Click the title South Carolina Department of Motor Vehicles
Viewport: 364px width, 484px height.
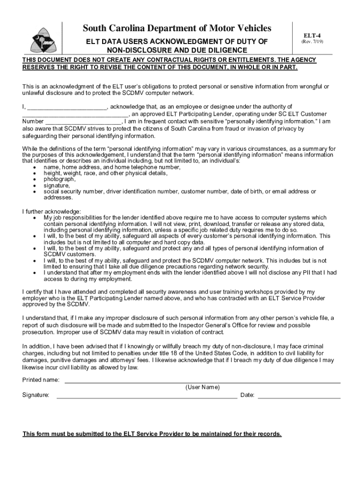tap(177, 29)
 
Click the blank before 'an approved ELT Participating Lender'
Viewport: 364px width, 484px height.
tap(75, 115)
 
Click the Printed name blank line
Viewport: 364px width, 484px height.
tap(202, 381)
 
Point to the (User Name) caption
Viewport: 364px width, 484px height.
tap(202, 388)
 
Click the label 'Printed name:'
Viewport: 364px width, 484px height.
tap(41, 380)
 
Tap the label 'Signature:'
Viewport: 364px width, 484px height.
tap(36, 395)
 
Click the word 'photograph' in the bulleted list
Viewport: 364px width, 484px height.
tap(60, 180)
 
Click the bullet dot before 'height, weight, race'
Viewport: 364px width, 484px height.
tap(35, 174)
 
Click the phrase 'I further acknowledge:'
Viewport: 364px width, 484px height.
tap(52, 211)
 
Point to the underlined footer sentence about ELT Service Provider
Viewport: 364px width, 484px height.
tap(152, 434)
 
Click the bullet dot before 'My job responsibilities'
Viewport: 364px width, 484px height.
tap(35, 218)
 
